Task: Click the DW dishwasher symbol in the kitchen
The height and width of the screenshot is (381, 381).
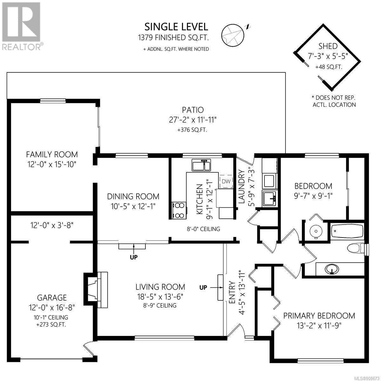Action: (x=226, y=181)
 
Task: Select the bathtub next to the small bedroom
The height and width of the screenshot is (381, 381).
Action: (x=347, y=231)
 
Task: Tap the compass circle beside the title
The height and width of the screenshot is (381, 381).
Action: (x=233, y=36)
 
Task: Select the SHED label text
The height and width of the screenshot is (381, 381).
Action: (x=328, y=46)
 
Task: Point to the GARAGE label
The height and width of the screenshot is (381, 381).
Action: (x=52, y=297)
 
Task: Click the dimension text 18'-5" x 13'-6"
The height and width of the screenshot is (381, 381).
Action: (x=160, y=297)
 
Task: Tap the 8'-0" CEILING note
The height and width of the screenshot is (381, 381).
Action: (x=204, y=229)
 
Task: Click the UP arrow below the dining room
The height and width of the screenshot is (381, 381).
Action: (x=134, y=249)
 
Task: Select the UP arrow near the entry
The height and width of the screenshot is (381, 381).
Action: (x=216, y=287)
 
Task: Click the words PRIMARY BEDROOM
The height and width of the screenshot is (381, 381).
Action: (x=319, y=316)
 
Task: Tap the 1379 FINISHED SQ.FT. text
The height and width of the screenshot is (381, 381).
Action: (x=173, y=37)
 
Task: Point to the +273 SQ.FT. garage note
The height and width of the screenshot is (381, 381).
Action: (x=51, y=325)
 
